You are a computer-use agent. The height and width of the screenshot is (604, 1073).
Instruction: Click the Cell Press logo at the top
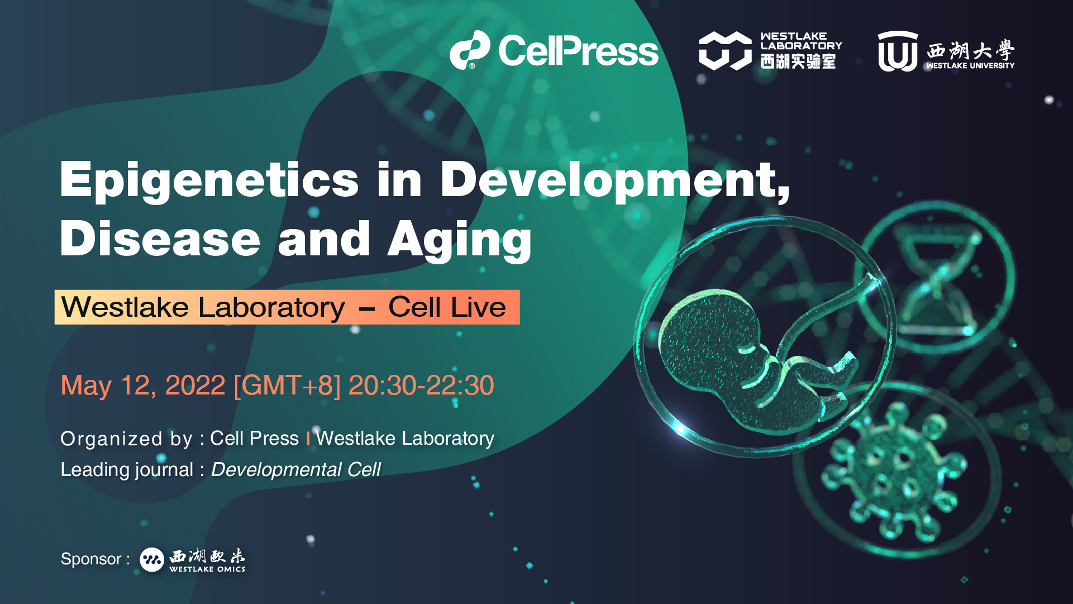pos(554,50)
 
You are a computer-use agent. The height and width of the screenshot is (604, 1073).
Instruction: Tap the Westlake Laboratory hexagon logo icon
pos(725,50)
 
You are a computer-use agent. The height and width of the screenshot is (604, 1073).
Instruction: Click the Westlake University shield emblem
pos(898,51)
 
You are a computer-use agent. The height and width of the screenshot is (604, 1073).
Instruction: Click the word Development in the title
pos(614,180)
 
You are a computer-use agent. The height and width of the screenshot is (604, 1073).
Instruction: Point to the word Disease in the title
pos(160,239)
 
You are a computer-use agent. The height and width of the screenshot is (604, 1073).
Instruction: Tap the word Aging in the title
pos(460,241)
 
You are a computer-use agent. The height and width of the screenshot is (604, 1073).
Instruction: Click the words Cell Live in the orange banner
pos(447,307)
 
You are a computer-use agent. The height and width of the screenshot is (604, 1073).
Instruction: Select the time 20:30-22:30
pos(421,385)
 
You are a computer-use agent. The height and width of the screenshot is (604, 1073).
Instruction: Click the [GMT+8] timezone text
pos(287,386)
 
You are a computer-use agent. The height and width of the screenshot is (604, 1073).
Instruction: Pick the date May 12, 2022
pos(143,386)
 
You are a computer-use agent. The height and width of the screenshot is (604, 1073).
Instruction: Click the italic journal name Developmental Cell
pos(296,470)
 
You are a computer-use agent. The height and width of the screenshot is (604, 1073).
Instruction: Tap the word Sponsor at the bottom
pos(91,559)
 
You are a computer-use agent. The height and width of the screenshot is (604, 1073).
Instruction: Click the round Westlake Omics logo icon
pos(152,559)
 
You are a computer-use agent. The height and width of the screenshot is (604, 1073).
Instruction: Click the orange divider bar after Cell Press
pos(308,439)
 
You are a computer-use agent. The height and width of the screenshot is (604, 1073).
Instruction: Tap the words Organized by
pos(126,439)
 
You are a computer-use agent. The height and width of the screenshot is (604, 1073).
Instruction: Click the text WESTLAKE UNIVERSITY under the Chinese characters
pos(970,65)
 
